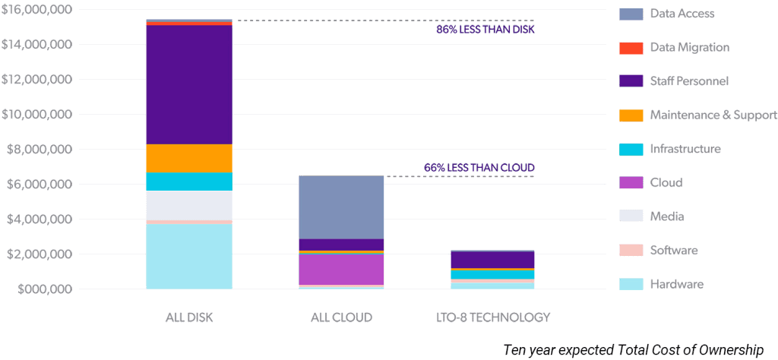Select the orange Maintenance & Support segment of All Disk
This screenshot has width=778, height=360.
click(x=188, y=158)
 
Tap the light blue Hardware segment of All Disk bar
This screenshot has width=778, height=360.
click(x=188, y=256)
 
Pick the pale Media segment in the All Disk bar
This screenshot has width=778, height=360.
click(x=188, y=205)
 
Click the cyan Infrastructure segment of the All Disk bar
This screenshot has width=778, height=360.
click(x=188, y=182)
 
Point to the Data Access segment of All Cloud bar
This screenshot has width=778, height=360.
click(x=341, y=207)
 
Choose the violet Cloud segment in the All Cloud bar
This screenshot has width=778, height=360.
click(x=341, y=269)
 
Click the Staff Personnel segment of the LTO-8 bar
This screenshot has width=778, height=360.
click(x=492, y=260)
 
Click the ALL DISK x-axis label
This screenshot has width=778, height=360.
click(x=188, y=317)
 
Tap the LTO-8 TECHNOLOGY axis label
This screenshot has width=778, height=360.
click(x=492, y=317)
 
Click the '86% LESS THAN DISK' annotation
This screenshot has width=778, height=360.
click(x=485, y=30)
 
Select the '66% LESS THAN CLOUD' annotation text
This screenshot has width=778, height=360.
click(x=479, y=167)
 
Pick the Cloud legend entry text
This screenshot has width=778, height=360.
click(x=666, y=182)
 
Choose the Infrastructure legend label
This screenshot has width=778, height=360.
click(x=685, y=149)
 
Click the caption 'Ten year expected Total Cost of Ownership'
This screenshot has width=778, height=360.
click(x=633, y=349)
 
